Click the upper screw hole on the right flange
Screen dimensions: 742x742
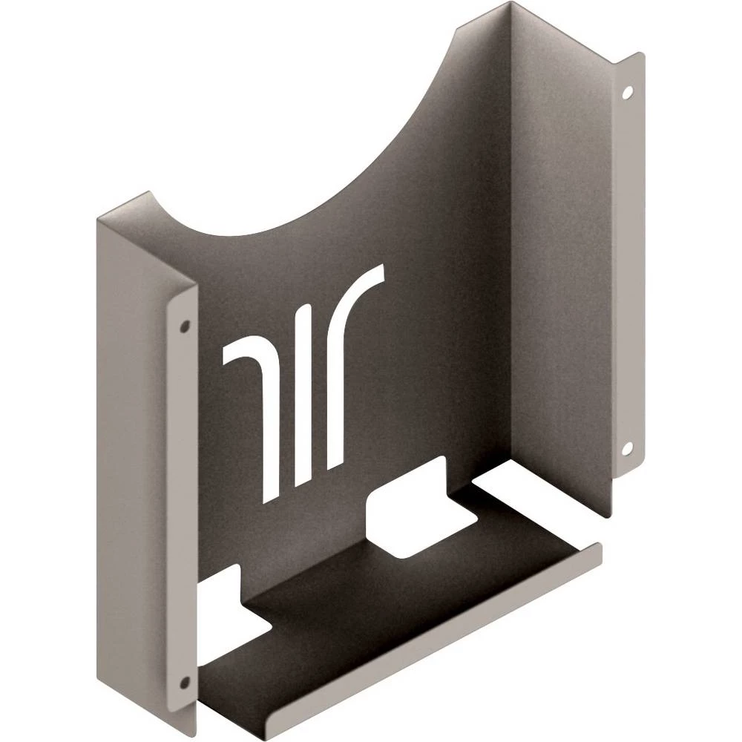(628, 93)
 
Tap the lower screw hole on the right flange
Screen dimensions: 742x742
(627, 447)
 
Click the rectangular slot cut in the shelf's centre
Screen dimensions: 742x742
(404, 519)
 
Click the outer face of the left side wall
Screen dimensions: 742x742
(134, 445)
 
